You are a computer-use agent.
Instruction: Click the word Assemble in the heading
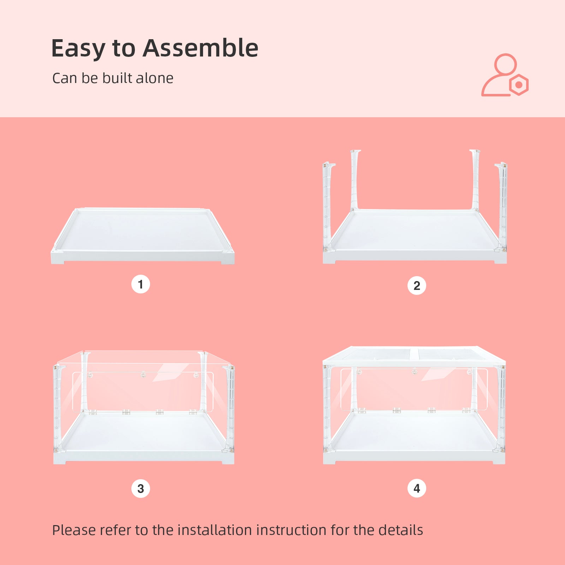(201, 48)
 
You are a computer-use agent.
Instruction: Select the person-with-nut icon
(505, 75)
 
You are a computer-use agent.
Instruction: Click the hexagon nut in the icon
(519, 85)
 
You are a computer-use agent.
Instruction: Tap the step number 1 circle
(141, 284)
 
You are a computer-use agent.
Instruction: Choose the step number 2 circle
(417, 286)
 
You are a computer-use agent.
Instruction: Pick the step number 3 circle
(141, 489)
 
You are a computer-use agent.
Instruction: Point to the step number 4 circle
(417, 488)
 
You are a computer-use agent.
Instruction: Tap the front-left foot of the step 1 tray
(58, 259)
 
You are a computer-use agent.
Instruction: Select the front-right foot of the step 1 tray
(228, 259)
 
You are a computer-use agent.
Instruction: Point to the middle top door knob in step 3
(143, 374)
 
